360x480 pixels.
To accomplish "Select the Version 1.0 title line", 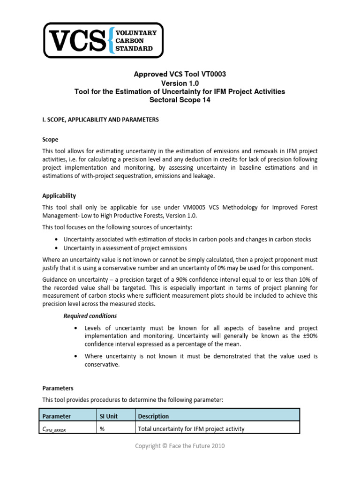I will tap(180, 83).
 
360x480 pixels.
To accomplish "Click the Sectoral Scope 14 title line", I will tap(180, 100).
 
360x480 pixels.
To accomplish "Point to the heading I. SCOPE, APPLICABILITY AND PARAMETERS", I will tap(100, 120).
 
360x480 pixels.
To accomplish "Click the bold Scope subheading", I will tap(51, 140).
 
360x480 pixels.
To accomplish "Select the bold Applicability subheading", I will tap(59, 195).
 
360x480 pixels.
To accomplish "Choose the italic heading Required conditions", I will tap(90, 316).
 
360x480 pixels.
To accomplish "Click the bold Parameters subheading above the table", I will tap(58, 388).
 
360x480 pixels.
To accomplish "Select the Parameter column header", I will tap(57, 416).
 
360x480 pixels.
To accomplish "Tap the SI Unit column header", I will tap(109, 416).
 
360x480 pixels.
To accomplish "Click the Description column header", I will tap(153, 416).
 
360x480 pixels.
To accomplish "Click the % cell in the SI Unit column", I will tap(102, 428).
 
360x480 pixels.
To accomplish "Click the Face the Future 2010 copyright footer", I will tap(180, 446).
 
